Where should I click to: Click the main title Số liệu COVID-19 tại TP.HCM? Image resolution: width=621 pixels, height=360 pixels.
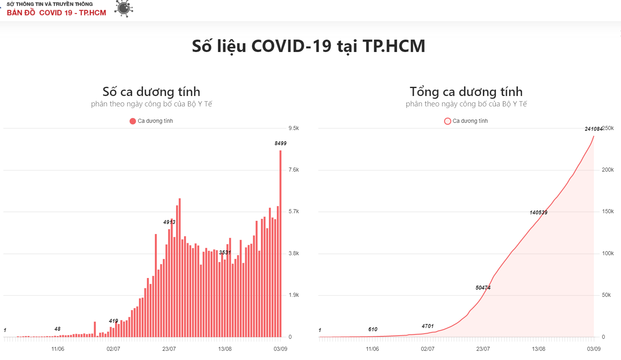pyautogui.click(x=308, y=46)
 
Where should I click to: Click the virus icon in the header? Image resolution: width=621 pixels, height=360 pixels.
pyautogui.click(x=124, y=8)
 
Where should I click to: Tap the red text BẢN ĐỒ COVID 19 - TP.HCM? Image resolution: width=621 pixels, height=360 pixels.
pyautogui.click(x=56, y=13)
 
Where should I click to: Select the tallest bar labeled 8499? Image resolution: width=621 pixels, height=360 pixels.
pyautogui.click(x=280, y=244)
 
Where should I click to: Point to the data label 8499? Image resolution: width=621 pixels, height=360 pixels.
pyautogui.click(x=280, y=143)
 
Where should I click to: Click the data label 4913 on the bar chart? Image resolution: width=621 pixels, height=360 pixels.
pyautogui.click(x=169, y=222)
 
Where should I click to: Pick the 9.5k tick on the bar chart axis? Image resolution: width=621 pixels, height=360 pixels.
pyautogui.click(x=294, y=128)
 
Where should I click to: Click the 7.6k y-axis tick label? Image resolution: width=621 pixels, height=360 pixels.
pyautogui.click(x=294, y=170)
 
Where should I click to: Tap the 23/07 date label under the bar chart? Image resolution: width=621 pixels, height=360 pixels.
pyautogui.click(x=169, y=349)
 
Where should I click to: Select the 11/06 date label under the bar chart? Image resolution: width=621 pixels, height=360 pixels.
pyautogui.click(x=58, y=349)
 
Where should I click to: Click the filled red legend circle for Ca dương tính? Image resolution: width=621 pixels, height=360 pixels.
pyautogui.click(x=133, y=121)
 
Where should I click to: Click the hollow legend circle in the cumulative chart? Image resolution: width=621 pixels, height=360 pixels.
pyautogui.click(x=448, y=121)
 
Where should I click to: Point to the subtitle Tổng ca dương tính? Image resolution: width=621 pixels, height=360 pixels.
pyautogui.click(x=466, y=92)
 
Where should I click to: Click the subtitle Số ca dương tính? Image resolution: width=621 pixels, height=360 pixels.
pyautogui.click(x=151, y=92)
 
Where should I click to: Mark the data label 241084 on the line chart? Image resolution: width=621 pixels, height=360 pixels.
pyautogui.click(x=593, y=129)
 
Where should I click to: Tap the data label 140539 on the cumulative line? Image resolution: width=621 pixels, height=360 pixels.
pyautogui.click(x=539, y=212)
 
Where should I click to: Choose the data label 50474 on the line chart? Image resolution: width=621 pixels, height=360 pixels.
pyautogui.click(x=483, y=288)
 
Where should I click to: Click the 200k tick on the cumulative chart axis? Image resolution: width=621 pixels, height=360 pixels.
pyautogui.click(x=608, y=170)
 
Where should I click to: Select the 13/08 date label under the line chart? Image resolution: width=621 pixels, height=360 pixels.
pyautogui.click(x=539, y=349)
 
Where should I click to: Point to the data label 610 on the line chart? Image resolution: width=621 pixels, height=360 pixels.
pyautogui.click(x=373, y=329)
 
